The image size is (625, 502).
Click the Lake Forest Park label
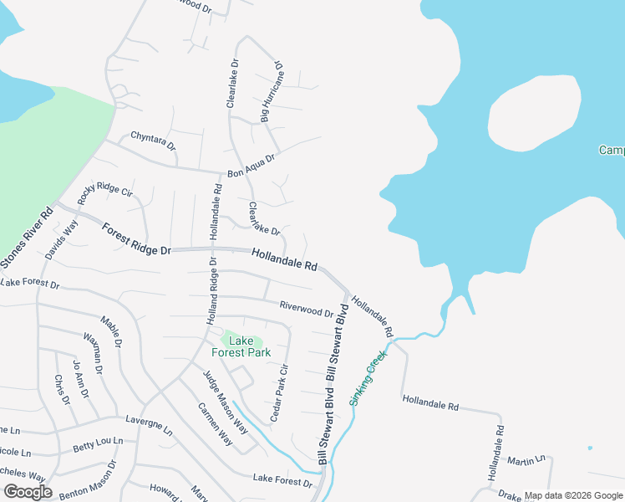coord(241,346)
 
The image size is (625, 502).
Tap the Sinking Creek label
coord(368,379)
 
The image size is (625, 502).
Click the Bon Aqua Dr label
coord(251,165)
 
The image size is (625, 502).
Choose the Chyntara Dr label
coord(154,140)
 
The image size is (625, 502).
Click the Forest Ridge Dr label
coord(136,239)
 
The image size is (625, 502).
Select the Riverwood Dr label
coord(307,310)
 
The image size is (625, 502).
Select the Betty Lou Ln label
coord(98,444)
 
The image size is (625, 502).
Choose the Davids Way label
coord(62,239)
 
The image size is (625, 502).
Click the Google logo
coord(28,492)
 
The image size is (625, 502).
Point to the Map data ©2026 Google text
coord(572,496)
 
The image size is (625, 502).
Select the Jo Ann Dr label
coord(80,374)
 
